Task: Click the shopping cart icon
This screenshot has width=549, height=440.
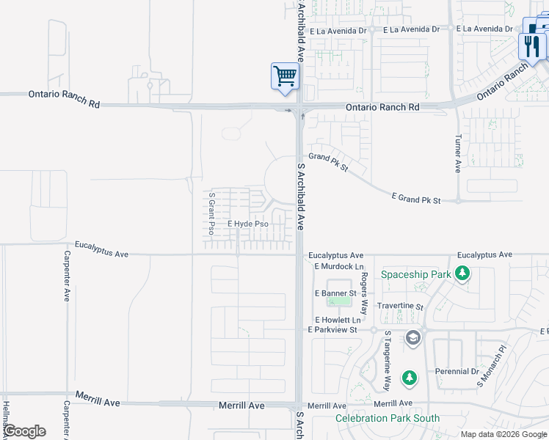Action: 285,76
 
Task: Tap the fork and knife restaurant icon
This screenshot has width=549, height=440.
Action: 531,45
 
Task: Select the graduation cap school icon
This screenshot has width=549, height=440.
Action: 412,337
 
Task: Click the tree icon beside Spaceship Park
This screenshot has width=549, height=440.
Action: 462,274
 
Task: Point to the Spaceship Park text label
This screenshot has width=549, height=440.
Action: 415,275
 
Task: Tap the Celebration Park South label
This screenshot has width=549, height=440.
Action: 388,419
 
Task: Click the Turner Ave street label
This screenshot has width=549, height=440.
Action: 458,153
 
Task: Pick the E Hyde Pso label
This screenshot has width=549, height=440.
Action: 247,224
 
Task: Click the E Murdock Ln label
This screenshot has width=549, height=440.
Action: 339,266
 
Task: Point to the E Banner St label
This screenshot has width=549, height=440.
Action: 335,293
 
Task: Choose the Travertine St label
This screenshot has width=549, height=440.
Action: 400,307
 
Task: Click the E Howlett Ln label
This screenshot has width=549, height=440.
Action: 338,320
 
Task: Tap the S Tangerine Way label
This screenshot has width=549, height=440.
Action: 388,361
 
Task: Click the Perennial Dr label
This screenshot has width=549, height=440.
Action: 456,371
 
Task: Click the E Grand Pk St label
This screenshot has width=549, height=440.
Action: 416,199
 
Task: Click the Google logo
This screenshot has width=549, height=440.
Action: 24,431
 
